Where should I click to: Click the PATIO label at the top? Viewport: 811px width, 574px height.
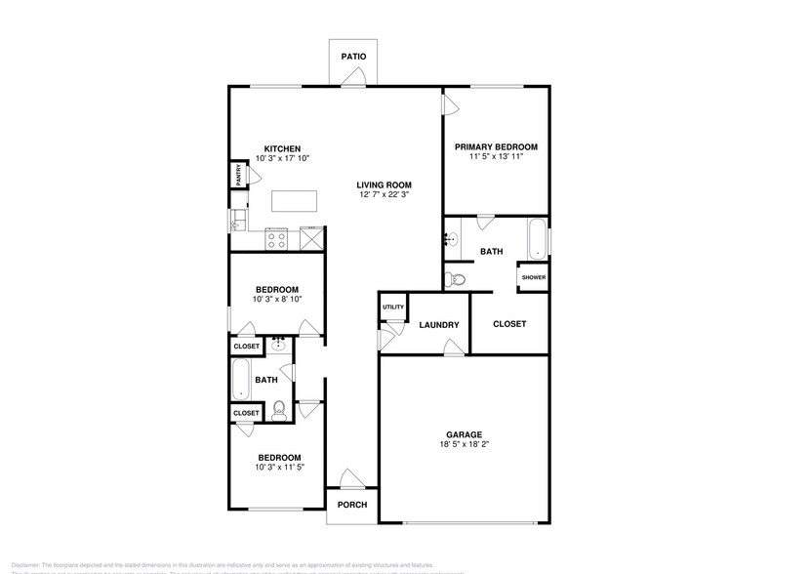coord(353,57)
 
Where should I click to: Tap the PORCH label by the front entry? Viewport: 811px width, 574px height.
coord(352,505)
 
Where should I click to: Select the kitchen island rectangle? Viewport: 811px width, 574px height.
coord(296,201)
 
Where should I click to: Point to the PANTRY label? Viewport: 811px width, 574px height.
coord(238,176)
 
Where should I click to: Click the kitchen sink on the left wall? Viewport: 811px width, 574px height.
coord(237,223)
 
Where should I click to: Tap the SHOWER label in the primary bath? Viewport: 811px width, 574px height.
coord(533,277)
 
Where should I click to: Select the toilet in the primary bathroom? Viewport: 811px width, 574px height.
coord(456,279)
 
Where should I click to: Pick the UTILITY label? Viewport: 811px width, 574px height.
coord(392,307)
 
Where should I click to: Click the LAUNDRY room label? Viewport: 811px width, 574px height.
coord(438,325)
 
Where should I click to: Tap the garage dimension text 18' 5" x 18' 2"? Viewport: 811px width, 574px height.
coord(465,445)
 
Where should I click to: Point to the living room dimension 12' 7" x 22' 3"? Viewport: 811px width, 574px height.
coord(384,195)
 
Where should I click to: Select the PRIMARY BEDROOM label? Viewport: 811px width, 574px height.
coord(496,146)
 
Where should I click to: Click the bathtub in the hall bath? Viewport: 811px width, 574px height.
coord(240,379)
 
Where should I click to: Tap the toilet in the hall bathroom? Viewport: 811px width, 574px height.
coord(278,409)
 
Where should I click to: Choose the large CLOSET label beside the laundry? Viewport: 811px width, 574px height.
coord(509,323)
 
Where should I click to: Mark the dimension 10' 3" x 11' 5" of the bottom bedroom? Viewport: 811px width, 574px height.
coord(279,468)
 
